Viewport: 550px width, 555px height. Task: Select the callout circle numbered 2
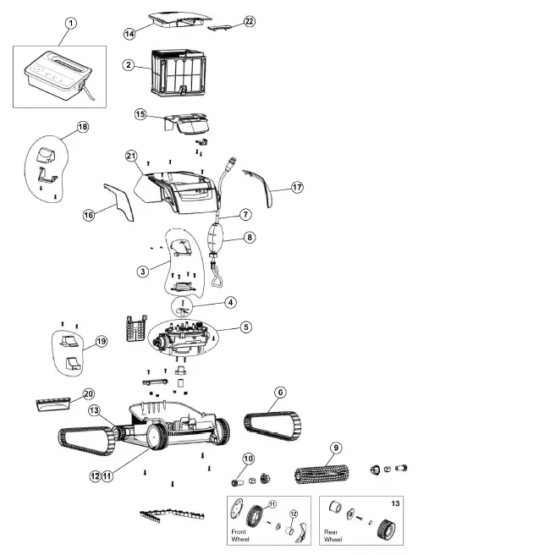129,64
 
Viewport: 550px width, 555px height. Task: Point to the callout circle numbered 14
129,33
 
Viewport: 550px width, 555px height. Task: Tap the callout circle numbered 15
140,113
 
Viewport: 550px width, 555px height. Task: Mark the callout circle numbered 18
82,127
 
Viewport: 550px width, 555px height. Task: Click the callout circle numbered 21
131,156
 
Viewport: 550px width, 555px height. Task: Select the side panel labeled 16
119,201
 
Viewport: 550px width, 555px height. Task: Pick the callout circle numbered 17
297,187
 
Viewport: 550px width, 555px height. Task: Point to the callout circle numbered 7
245,215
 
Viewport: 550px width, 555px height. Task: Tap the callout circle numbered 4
231,301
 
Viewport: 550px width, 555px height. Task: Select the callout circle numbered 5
246,326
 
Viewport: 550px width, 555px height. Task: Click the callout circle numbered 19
101,342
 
